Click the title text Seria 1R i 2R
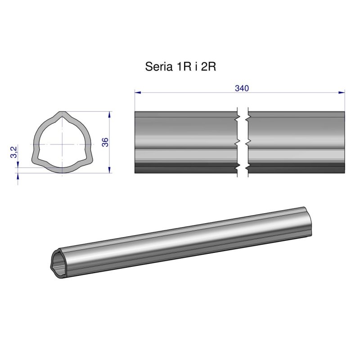pyautogui.click(x=181, y=67)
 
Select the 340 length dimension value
pyautogui.click(x=242, y=88)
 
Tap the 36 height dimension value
pyautogui.click(x=105, y=142)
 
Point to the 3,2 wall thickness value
pyautogui.click(x=13, y=152)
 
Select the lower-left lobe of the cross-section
pyautogui.click(x=36, y=160)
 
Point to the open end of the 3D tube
pyautogui.click(x=58, y=261)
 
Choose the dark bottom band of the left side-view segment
pyautogui.click(x=186, y=168)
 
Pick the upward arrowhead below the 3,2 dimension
pyautogui.click(x=18, y=176)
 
